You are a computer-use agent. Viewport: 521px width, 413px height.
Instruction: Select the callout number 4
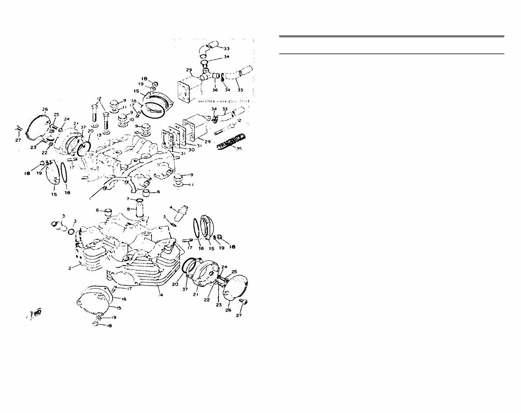pyautogui.click(x=171, y=208)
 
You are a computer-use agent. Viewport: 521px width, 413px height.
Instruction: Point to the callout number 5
pyautogui.click(x=64, y=216)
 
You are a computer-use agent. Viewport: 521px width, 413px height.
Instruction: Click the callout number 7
pyautogui.click(x=127, y=199)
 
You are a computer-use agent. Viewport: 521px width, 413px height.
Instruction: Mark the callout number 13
pyautogui.click(x=98, y=135)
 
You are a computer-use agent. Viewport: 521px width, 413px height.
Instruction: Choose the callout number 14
pyautogui.click(x=161, y=295)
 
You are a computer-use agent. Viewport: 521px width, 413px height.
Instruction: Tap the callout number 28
pyautogui.click(x=51, y=131)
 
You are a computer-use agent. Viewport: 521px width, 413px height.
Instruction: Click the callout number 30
pyautogui.click(x=191, y=150)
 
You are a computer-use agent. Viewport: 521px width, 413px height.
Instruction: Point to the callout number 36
pyautogui.click(x=215, y=90)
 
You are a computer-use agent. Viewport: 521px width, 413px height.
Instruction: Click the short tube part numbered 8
pyautogui.click(x=140, y=209)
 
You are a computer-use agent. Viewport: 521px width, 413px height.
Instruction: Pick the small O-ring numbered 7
pyautogui.click(x=139, y=200)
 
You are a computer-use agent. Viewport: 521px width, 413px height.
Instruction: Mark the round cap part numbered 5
pyautogui.click(x=57, y=226)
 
